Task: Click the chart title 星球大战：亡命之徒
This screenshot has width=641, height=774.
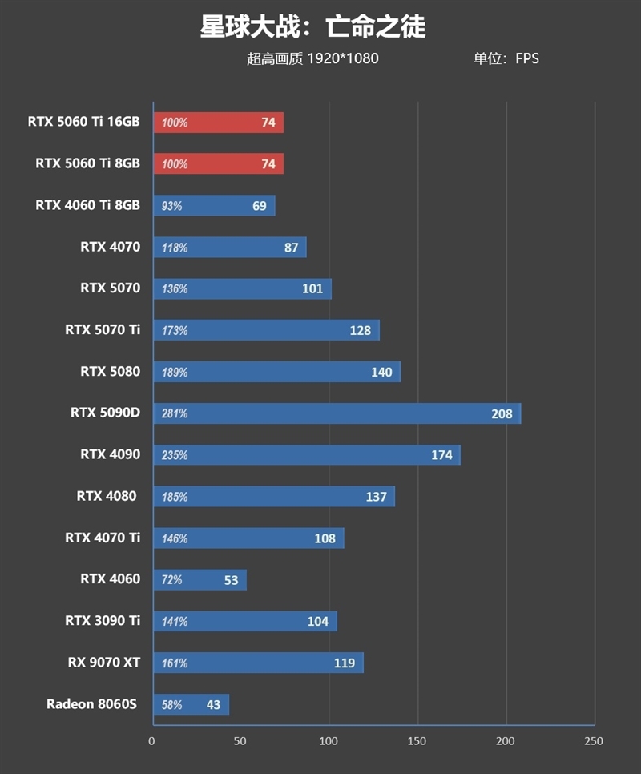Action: click(x=312, y=27)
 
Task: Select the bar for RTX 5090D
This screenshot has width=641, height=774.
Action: click(x=337, y=413)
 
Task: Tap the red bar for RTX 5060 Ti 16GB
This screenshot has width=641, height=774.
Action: click(x=218, y=123)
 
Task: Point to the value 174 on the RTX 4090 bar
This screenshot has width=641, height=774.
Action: click(x=441, y=455)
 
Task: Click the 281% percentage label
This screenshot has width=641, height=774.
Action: click(x=175, y=414)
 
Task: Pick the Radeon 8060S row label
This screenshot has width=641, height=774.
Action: click(x=92, y=704)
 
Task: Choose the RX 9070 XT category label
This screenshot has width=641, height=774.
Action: click(x=103, y=663)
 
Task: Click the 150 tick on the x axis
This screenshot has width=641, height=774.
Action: click(x=417, y=741)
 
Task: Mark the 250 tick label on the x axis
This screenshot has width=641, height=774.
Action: click(x=594, y=741)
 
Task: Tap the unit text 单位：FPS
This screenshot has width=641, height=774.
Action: click(x=506, y=58)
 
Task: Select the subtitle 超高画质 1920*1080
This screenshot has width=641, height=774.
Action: click(x=312, y=58)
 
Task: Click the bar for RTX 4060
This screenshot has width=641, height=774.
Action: click(x=200, y=580)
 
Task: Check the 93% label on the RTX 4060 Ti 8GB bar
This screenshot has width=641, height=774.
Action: click(x=172, y=206)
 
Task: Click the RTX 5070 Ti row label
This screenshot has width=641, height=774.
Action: click(x=103, y=329)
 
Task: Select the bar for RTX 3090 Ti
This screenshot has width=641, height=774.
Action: click(x=244, y=622)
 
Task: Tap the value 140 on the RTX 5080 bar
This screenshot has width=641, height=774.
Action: click(x=381, y=372)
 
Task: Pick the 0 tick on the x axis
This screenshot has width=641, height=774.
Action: click(x=152, y=741)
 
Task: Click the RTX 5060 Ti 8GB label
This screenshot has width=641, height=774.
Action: click(x=87, y=163)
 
